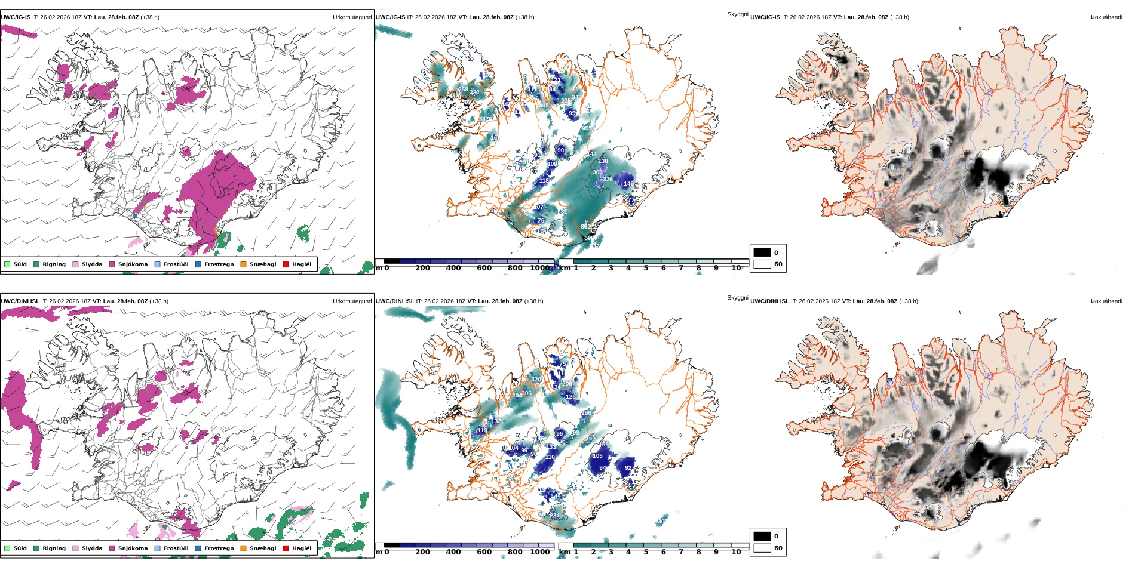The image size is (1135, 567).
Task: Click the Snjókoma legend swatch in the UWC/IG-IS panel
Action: tap(112, 264)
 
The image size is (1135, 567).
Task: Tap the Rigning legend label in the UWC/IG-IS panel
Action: tap(54, 264)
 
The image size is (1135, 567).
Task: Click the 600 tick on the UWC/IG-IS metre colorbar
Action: tap(484, 269)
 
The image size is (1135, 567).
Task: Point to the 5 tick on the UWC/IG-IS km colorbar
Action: tap(646, 269)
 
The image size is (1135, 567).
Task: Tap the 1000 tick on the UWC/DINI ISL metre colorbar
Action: tap(539, 552)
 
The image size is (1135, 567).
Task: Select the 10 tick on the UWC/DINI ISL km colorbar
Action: tap(736, 552)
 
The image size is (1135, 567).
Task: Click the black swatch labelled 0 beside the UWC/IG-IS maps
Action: tap(762, 252)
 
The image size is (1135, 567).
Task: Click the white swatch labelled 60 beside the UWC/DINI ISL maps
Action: tap(762, 548)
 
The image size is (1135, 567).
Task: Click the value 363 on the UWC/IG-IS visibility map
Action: tap(597, 172)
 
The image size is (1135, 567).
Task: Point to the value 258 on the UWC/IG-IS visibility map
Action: tap(464, 90)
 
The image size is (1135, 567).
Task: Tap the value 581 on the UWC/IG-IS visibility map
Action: tap(562, 212)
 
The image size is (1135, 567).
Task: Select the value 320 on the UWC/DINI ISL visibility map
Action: tap(536, 380)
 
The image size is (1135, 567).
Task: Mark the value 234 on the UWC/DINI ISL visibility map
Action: tap(554, 516)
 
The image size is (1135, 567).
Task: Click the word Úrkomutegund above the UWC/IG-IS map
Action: tap(352, 17)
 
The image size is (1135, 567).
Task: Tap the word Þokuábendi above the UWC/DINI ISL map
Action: tap(1106, 301)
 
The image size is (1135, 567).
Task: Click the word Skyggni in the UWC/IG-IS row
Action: tap(737, 14)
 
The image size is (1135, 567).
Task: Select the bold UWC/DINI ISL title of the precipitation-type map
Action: tap(20, 301)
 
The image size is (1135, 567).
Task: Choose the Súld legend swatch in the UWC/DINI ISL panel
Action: tap(7, 548)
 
